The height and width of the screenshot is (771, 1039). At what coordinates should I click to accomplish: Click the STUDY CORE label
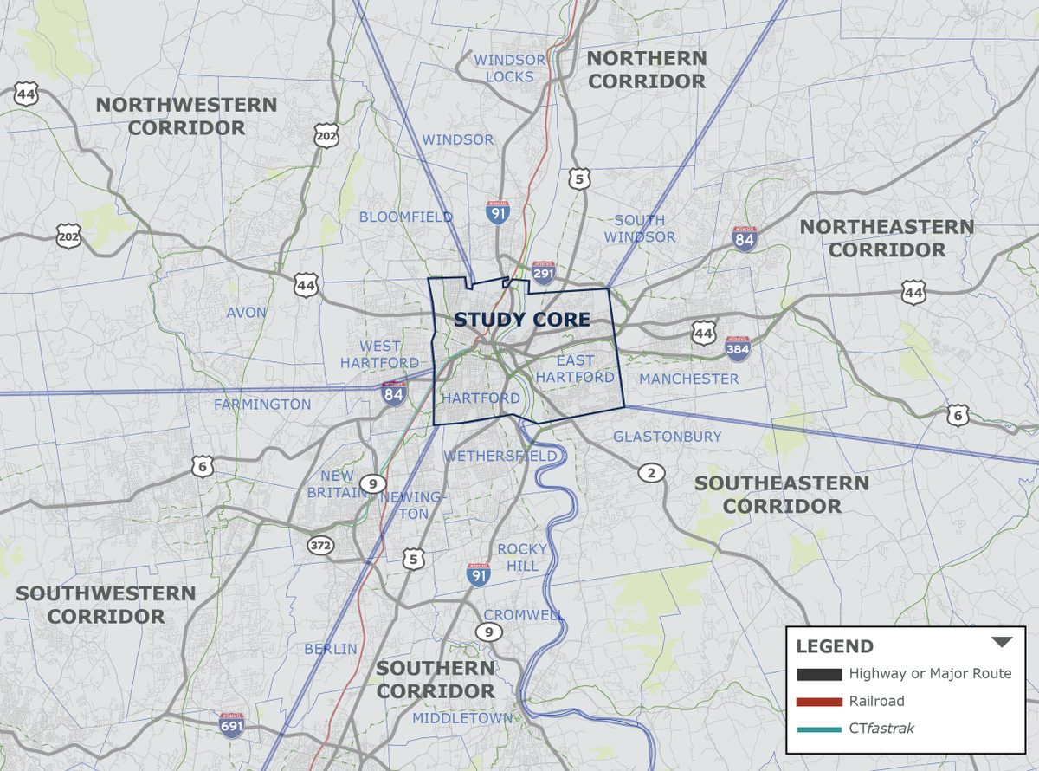click(x=522, y=320)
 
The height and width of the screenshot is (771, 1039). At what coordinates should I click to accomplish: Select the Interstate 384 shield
click(x=738, y=347)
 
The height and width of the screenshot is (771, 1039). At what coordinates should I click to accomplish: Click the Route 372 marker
click(x=319, y=545)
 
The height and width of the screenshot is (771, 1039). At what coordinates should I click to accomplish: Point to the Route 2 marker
click(x=651, y=472)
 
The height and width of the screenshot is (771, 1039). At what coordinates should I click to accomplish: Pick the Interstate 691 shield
click(x=231, y=724)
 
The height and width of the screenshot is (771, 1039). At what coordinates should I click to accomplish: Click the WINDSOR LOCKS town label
click(x=510, y=68)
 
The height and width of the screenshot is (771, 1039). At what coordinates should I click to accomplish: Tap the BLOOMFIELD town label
click(x=406, y=217)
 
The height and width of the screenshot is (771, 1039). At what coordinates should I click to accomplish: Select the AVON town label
click(x=247, y=312)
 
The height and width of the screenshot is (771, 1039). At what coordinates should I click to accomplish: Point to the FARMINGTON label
click(x=262, y=405)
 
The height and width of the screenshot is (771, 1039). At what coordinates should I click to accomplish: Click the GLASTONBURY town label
click(x=667, y=437)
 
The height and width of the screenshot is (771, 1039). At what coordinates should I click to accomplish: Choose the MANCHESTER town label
click(x=689, y=379)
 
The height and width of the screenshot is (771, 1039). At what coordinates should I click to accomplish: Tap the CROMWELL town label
click(x=524, y=615)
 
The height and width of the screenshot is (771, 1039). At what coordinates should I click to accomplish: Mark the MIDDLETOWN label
click(x=462, y=718)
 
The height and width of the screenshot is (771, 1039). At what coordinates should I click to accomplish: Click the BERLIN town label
click(x=331, y=649)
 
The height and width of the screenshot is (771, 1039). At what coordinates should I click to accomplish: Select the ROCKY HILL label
click(x=522, y=557)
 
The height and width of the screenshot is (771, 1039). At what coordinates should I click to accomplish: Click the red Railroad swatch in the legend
click(x=818, y=702)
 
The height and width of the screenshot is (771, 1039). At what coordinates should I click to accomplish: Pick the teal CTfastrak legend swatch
click(x=818, y=729)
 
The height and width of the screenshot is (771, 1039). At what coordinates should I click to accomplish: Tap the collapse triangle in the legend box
click(x=1002, y=643)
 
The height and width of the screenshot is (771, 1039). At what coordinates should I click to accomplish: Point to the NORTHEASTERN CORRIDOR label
click(x=887, y=238)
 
